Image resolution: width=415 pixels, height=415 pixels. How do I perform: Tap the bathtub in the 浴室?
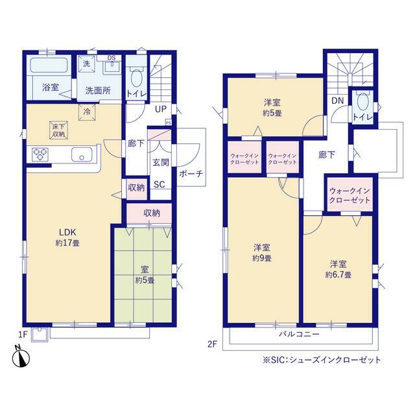(49, 65)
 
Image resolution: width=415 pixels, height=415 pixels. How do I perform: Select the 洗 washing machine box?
(86, 64)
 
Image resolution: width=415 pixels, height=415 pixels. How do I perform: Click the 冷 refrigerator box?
(87, 112)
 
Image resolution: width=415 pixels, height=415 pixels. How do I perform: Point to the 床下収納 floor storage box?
(59, 130)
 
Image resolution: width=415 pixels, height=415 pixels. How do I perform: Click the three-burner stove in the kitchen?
(40, 154)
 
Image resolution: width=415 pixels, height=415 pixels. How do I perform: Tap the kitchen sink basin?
(82, 154)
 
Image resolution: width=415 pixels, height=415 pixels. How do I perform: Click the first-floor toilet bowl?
(136, 78)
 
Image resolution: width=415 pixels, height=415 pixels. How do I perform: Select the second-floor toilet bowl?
(363, 102)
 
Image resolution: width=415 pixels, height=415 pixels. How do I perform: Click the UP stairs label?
(161, 109)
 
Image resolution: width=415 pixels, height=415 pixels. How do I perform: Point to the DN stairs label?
(337, 101)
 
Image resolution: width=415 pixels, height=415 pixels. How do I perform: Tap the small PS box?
(169, 123)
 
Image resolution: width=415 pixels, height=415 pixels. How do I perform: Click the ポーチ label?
(191, 174)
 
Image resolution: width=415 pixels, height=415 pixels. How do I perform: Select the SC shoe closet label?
(160, 184)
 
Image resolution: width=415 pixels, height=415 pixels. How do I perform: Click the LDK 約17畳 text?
(67, 237)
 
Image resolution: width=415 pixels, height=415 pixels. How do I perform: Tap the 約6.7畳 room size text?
(338, 275)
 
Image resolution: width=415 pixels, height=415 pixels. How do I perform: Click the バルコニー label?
(300, 334)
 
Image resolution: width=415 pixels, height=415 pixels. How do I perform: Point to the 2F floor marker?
(212, 344)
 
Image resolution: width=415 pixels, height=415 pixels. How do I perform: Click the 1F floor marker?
(23, 335)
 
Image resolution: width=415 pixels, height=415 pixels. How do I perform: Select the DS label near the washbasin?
(112, 58)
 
